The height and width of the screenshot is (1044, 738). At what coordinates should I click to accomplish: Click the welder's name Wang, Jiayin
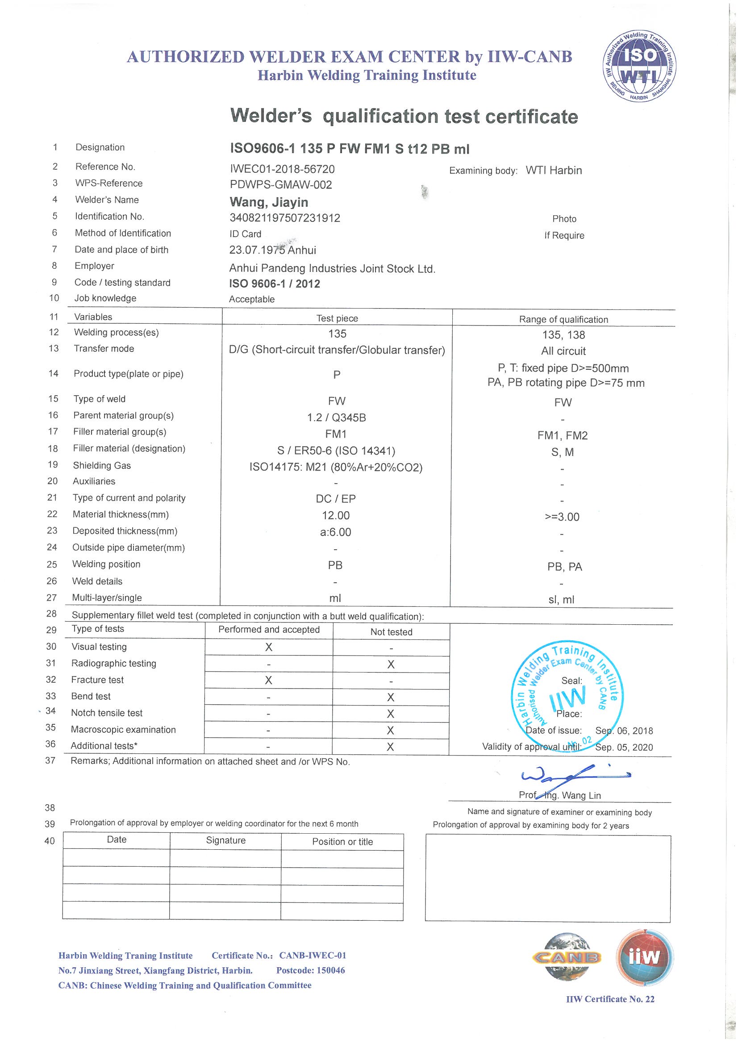(269, 202)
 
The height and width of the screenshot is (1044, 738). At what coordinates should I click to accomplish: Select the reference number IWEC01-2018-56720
(282, 169)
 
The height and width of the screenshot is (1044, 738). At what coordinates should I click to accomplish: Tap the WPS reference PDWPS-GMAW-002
(280, 184)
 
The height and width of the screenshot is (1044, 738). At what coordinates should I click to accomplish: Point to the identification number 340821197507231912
(285, 218)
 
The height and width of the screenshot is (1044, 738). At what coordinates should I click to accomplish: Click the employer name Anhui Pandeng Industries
(332, 269)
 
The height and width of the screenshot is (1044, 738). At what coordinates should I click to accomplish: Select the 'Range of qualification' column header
(563, 319)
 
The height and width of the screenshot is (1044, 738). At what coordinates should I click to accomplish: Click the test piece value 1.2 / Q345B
(337, 418)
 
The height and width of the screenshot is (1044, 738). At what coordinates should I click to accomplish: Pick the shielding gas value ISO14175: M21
(336, 468)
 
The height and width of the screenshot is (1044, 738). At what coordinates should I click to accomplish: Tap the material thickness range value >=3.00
(562, 517)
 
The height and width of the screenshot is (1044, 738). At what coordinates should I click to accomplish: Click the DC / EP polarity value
(336, 499)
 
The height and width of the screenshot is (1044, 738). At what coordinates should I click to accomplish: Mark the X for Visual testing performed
(269, 647)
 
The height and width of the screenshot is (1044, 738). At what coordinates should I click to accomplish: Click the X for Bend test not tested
(391, 697)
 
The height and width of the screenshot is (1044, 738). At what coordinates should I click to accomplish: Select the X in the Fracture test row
(269, 680)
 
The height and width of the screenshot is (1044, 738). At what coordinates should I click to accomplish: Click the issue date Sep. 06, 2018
(624, 731)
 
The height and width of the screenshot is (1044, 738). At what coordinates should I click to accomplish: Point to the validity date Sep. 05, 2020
(624, 747)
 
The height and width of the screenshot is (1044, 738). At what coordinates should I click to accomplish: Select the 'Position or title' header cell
(342, 842)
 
